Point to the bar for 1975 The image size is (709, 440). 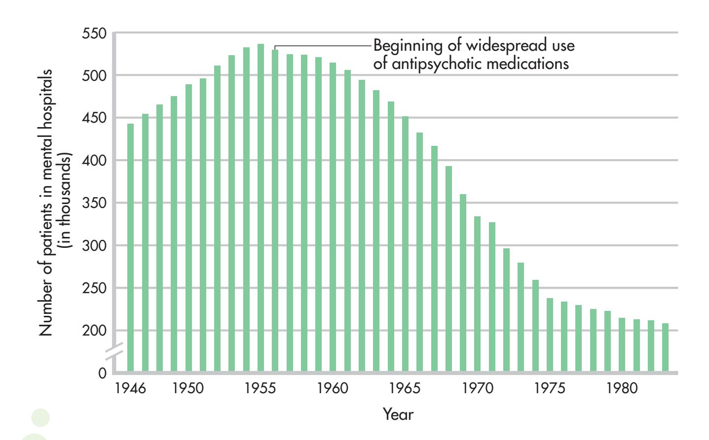(x=550, y=335)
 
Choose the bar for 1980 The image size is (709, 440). (x=622, y=344)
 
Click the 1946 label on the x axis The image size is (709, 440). (x=130, y=388)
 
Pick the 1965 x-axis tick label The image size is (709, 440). (x=405, y=388)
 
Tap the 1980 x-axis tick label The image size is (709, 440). (x=622, y=388)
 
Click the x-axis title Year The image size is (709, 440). (x=398, y=414)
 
